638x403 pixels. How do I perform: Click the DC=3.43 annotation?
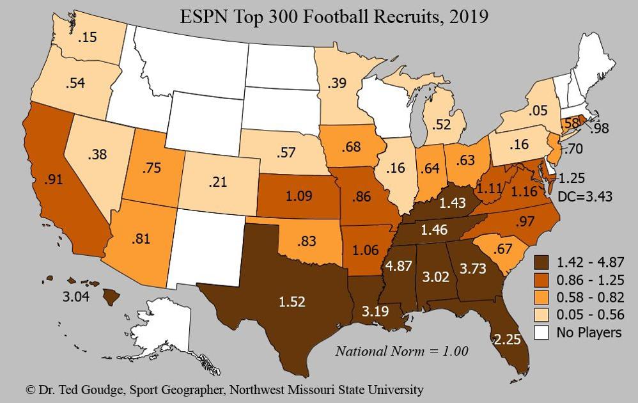click(586, 196)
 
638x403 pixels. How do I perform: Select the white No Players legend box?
click(543, 332)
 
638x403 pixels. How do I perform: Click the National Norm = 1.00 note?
click(402, 351)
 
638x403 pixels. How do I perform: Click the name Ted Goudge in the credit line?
click(81, 389)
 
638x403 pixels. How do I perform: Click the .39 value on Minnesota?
click(338, 83)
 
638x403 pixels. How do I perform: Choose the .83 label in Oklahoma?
click(308, 242)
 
